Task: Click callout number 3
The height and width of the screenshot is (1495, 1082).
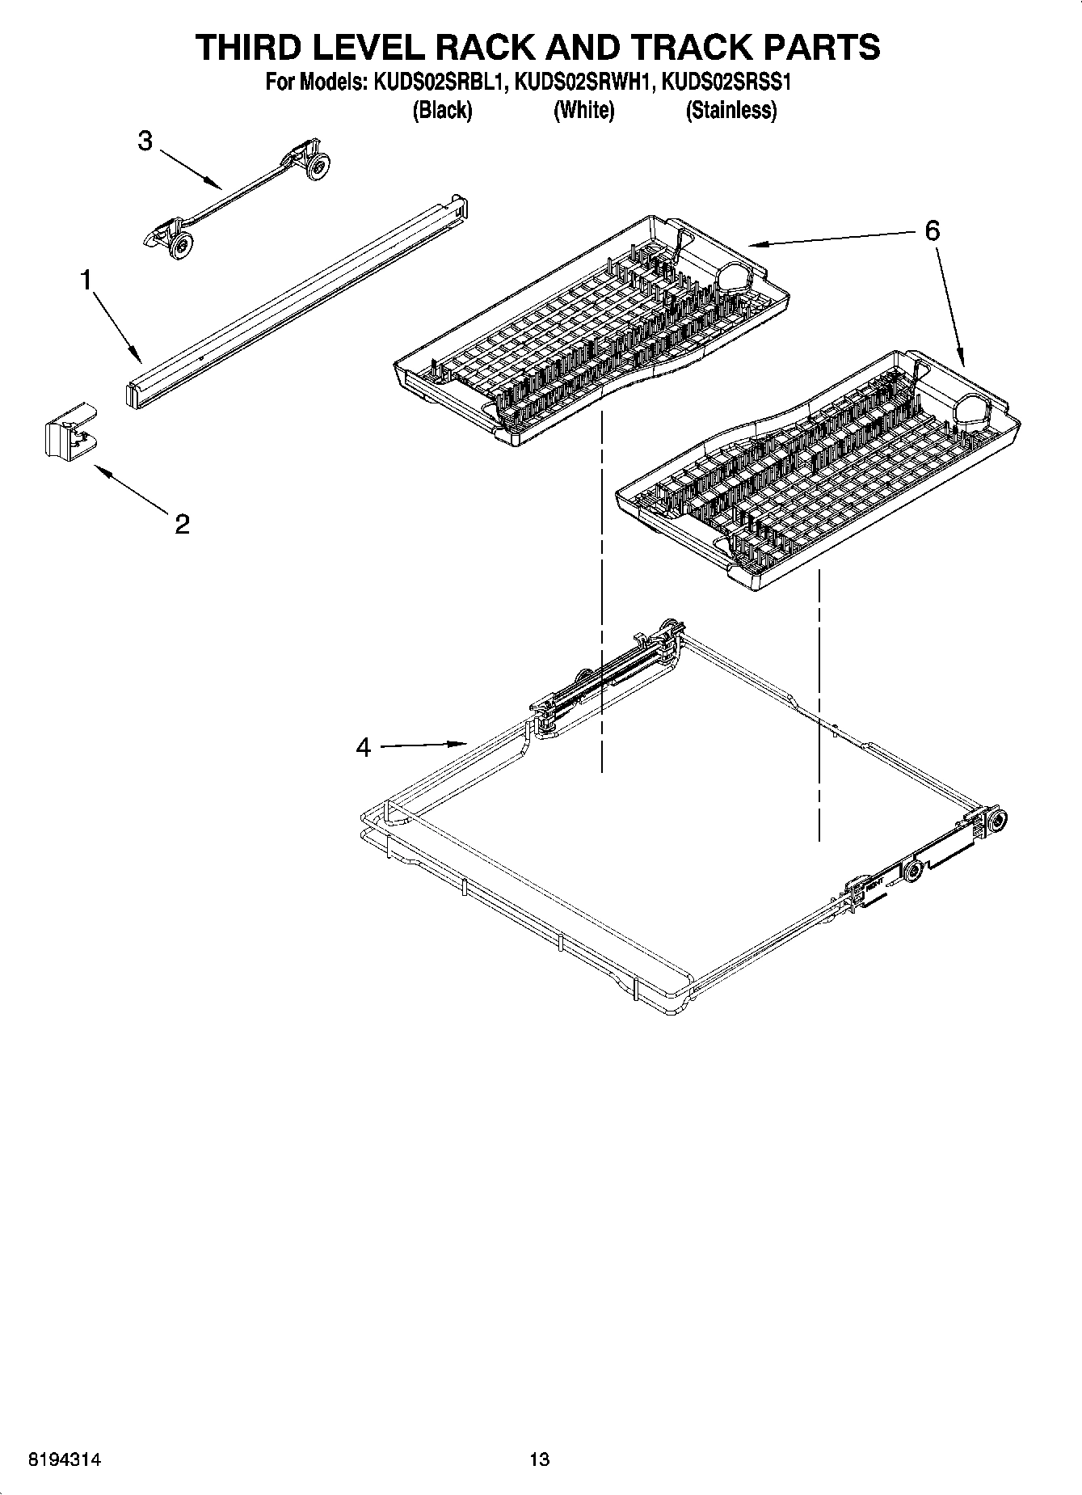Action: pos(145,141)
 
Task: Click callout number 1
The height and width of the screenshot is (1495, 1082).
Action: pos(86,281)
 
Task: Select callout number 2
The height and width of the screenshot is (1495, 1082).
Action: pos(182,524)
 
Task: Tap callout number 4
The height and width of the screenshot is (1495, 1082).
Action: pos(364,748)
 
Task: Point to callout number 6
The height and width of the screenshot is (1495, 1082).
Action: pos(932,231)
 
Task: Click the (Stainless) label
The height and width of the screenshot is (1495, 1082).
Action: pos(730,111)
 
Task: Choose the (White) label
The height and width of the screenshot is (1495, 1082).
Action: pos(583,111)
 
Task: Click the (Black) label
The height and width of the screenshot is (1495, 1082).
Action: pos(441,111)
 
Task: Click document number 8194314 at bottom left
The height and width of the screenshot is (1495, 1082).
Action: pos(65,1459)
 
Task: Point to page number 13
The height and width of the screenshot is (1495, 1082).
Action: pos(539,1459)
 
